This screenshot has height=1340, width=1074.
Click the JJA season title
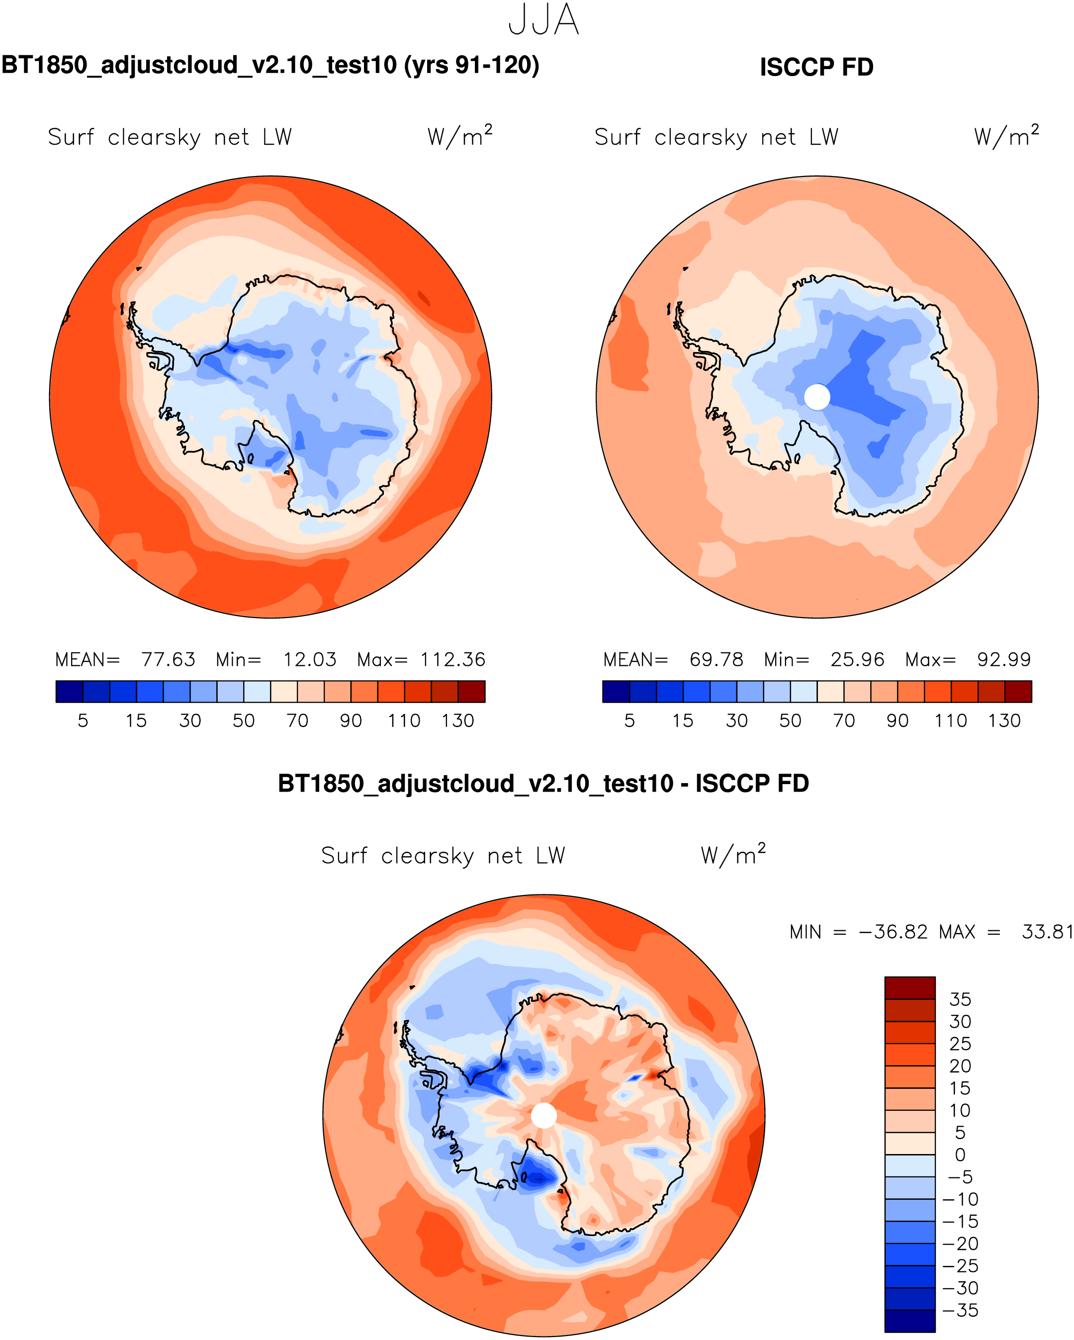[543, 20]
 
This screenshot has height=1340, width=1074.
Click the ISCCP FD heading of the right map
[816, 67]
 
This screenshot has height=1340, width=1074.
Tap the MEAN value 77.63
[168, 659]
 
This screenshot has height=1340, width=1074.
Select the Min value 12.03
[309, 659]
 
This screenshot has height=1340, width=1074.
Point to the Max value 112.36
[452, 659]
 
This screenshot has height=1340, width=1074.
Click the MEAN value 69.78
[716, 659]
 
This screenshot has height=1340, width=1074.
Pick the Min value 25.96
[857, 659]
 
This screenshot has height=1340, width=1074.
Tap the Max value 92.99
[1003, 659]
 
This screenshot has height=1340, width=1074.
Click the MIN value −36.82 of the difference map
[893, 932]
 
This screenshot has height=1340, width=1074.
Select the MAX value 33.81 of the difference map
[1047, 932]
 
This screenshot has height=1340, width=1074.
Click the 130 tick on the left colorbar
[457, 721]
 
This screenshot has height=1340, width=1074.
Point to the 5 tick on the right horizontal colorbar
[629, 721]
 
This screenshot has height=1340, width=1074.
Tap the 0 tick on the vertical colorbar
[960, 1155]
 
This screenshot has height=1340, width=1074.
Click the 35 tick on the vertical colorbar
[960, 999]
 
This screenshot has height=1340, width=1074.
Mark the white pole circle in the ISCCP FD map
[816, 397]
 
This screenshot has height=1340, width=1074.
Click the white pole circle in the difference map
[544, 1116]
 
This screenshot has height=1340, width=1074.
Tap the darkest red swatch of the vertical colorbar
[909, 987]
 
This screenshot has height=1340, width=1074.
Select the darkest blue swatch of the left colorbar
[69, 691]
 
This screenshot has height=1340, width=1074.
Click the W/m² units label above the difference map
[733, 855]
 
